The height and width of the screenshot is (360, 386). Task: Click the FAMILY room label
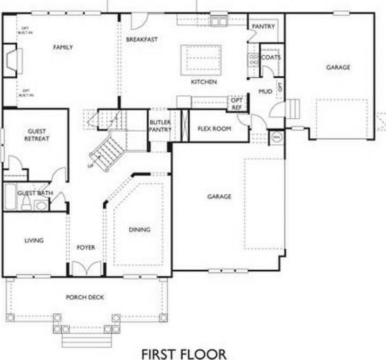point(63,48)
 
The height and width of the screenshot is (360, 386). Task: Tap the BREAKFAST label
point(142,39)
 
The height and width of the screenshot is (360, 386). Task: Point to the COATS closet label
point(270,57)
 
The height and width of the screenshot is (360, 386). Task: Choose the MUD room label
point(265,91)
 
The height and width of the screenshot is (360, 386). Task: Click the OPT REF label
point(237,103)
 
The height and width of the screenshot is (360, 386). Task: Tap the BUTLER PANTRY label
point(160,126)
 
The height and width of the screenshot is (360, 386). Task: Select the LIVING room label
point(34,241)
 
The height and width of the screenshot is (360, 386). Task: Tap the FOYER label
point(85,248)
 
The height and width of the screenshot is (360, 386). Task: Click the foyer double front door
point(86,269)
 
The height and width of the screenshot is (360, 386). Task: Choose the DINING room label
point(139,230)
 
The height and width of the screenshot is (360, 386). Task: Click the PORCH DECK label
point(85,297)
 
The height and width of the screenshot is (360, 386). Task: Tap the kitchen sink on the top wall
point(219,22)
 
